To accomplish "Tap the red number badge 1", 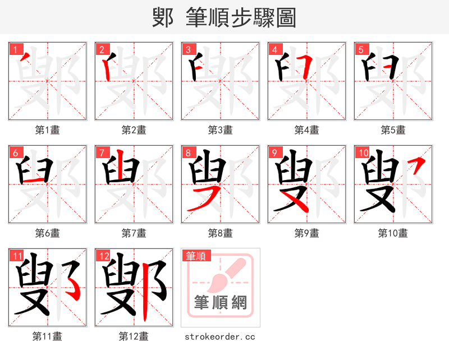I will (x=15, y=49).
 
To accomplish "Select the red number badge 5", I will (x=361, y=49).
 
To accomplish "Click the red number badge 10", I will (x=363, y=153).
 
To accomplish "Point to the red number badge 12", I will (x=103, y=256).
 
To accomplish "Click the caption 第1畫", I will (x=48, y=130).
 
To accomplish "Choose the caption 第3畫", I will (x=221, y=130).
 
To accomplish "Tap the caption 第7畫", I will (x=134, y=233).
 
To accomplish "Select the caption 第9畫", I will (x=307, y=233).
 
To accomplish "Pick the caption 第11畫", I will (x=48, y=336).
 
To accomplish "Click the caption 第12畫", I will (x=134, y=336).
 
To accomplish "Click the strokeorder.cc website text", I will (x=221, y=337).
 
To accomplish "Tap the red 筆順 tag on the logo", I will (x=196, y=256).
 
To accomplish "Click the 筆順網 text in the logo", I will (x=221, y=303).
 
